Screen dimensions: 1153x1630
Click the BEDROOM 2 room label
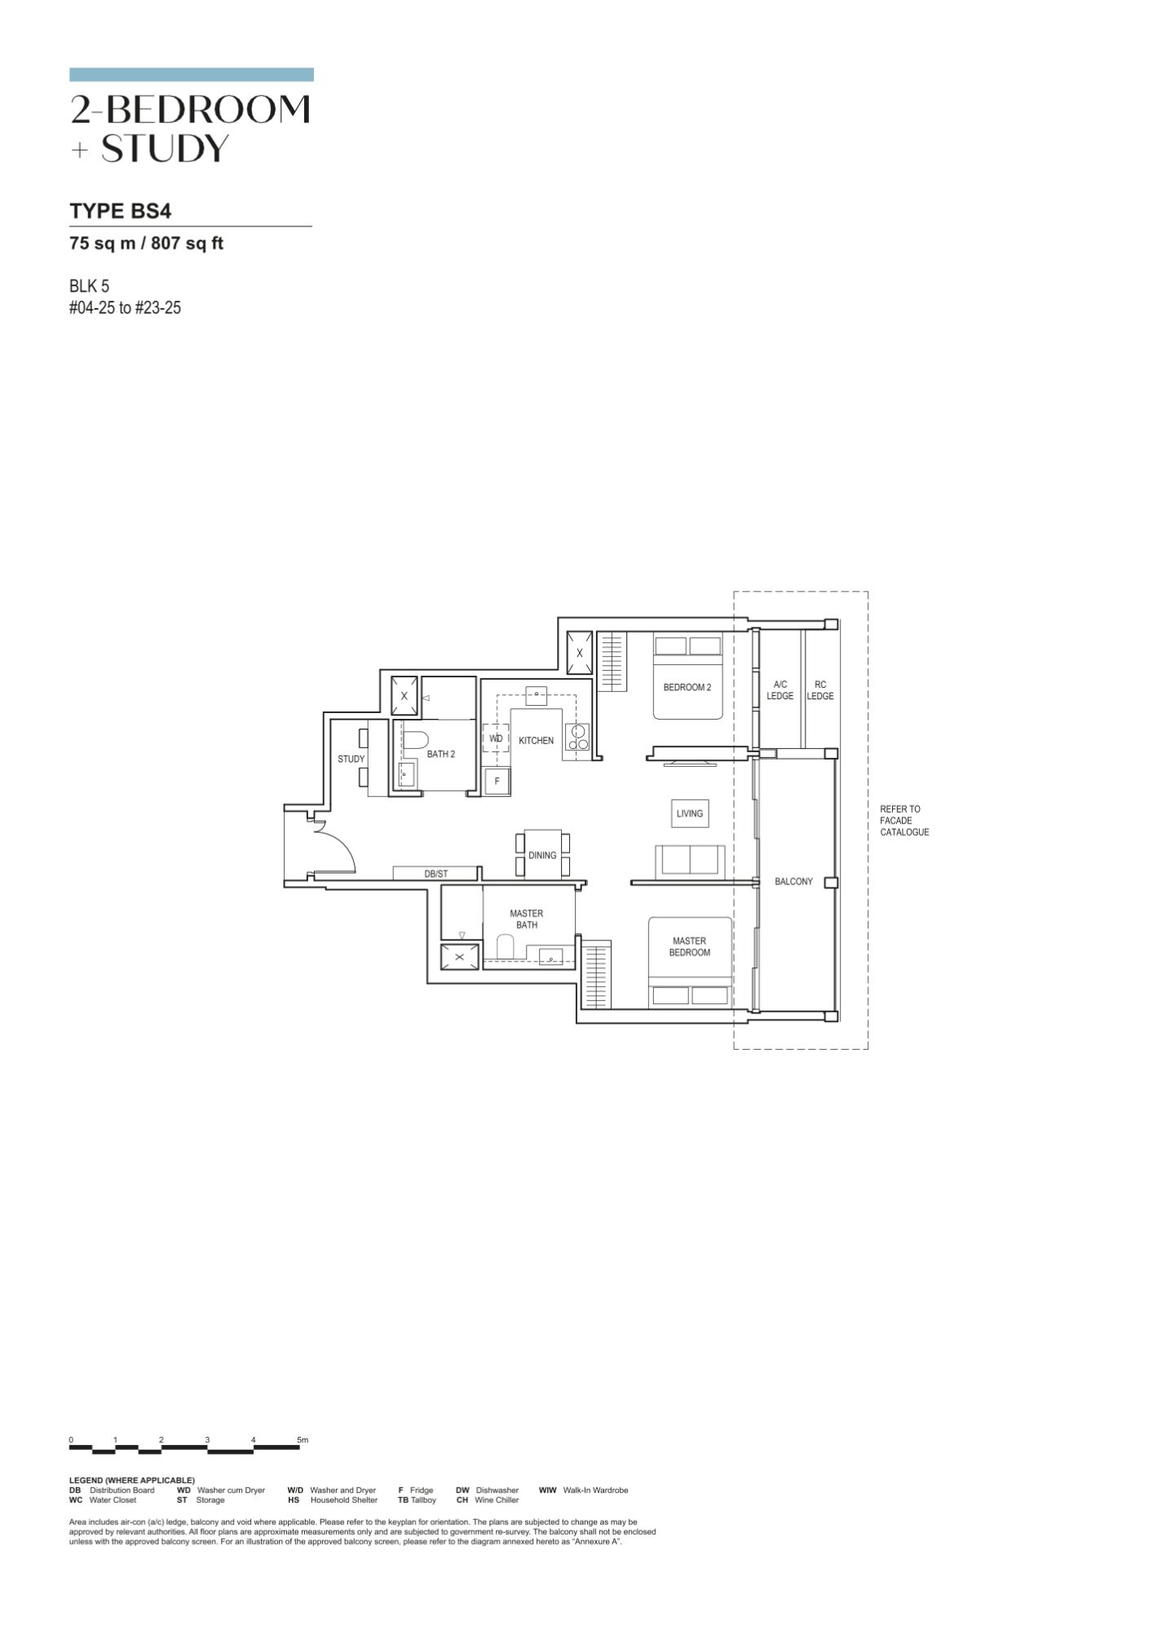tap(687, 687)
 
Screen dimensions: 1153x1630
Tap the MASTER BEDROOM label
tap(689, 946)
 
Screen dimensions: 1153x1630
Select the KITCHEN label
tap(536, 741)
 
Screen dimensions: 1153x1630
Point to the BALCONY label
tap(793, 881)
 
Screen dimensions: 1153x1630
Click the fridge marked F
tap(497, 781)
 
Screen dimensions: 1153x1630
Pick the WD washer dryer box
tap(496, 738)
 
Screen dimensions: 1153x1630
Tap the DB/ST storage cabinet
tap(435, 874)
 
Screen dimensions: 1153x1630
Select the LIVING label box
tap(689, 813)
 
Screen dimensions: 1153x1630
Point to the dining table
tap(542, 853)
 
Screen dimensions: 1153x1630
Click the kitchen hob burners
tap(578, 738)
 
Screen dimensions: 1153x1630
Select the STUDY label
tap(351, 759)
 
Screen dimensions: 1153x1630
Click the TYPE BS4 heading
tap(121, 211)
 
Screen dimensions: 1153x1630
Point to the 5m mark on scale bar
tap(303, 1440)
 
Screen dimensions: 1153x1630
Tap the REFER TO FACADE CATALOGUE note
tap(904, 821)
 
